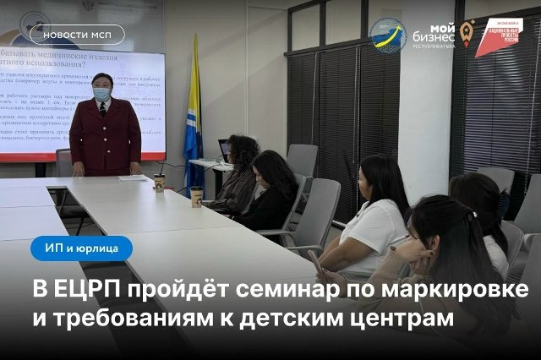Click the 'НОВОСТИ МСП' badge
coord(77,35)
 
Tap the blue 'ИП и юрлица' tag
coord(82,249)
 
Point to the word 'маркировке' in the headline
coord(462,291)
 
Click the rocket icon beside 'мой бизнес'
coord(467,32)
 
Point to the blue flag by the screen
coord(194,118)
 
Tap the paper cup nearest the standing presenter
coord(159,183)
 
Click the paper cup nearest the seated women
coord(197,196)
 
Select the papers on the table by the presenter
coord(132,178)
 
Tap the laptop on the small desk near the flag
coord(222,150)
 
